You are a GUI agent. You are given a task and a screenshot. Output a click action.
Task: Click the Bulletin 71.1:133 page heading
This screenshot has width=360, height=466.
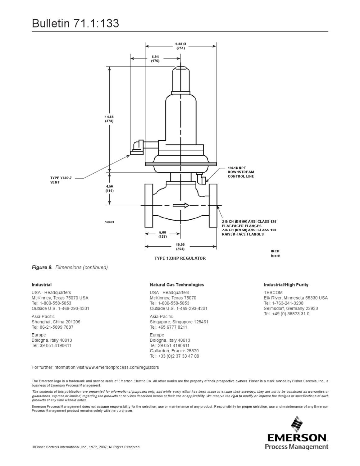click(75, 24)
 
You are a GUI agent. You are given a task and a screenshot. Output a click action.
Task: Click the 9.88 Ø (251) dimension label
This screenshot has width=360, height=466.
click(180, 46)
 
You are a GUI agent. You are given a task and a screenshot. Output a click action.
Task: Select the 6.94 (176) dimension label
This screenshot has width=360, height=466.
click(155, 59)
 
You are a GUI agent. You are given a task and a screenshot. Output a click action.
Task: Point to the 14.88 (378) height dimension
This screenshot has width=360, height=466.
click(109, 119)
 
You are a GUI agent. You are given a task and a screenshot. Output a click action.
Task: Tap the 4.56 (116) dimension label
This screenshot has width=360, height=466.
click(109, 189)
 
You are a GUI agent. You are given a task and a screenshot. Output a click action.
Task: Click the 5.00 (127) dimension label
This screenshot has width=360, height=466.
click(162, 234)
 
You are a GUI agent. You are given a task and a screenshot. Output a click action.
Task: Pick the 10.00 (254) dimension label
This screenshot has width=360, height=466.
click(180, 247)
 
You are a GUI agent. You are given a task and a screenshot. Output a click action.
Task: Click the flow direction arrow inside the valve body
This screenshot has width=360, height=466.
click(181, 205)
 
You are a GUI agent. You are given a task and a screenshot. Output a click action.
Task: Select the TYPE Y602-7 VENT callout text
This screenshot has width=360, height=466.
click(61, 180)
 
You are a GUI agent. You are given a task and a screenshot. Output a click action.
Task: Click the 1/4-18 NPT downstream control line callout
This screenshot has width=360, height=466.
click(241, 172)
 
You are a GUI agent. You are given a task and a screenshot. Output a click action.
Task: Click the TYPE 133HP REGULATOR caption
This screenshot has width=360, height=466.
click(180, 258)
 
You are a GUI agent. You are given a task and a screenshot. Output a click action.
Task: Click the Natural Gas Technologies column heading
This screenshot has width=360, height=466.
click(177, 285)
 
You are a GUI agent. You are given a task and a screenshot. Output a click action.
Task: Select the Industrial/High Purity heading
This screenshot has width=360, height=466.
click(286, 285)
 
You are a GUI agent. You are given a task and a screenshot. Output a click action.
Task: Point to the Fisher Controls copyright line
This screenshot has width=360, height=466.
click(86, 447)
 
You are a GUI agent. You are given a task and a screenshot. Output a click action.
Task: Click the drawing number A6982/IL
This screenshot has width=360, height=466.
click(109, 222)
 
